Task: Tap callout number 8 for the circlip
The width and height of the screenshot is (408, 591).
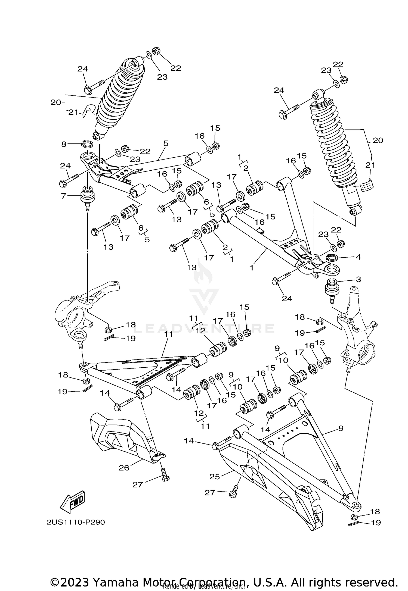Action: pyautogui.click(x=64, y=144)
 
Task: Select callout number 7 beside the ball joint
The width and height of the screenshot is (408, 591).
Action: pyautogui.click(x=64, y=196)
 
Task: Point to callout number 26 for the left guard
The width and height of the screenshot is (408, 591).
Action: pyautogui.click(x=124, y=468)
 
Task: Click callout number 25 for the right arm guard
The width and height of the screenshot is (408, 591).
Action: pyautogui.click(x=215, y=477)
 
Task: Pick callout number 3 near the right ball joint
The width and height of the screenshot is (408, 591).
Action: pyautogui.click(x=358, y=279)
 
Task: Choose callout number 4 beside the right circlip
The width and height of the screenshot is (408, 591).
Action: pyautogui.click(x=358, y=257)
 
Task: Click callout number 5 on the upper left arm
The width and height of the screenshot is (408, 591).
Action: pyautogui.click(x=166, y=143)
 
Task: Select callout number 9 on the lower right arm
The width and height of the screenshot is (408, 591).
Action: pyautogui.click(x=341, y=429)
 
